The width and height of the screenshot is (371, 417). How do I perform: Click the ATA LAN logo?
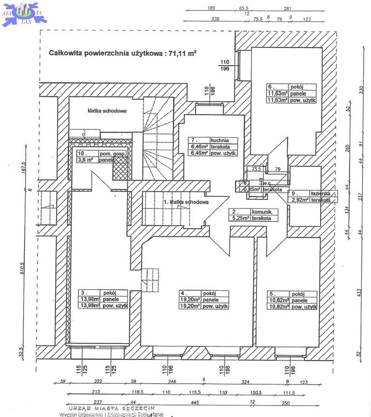click(23, 13)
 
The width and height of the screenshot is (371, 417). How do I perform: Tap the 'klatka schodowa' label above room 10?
click(107, 111)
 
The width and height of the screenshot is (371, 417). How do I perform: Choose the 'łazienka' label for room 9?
click(320, 193)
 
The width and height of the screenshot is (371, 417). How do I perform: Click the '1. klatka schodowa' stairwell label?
click(186, 202)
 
